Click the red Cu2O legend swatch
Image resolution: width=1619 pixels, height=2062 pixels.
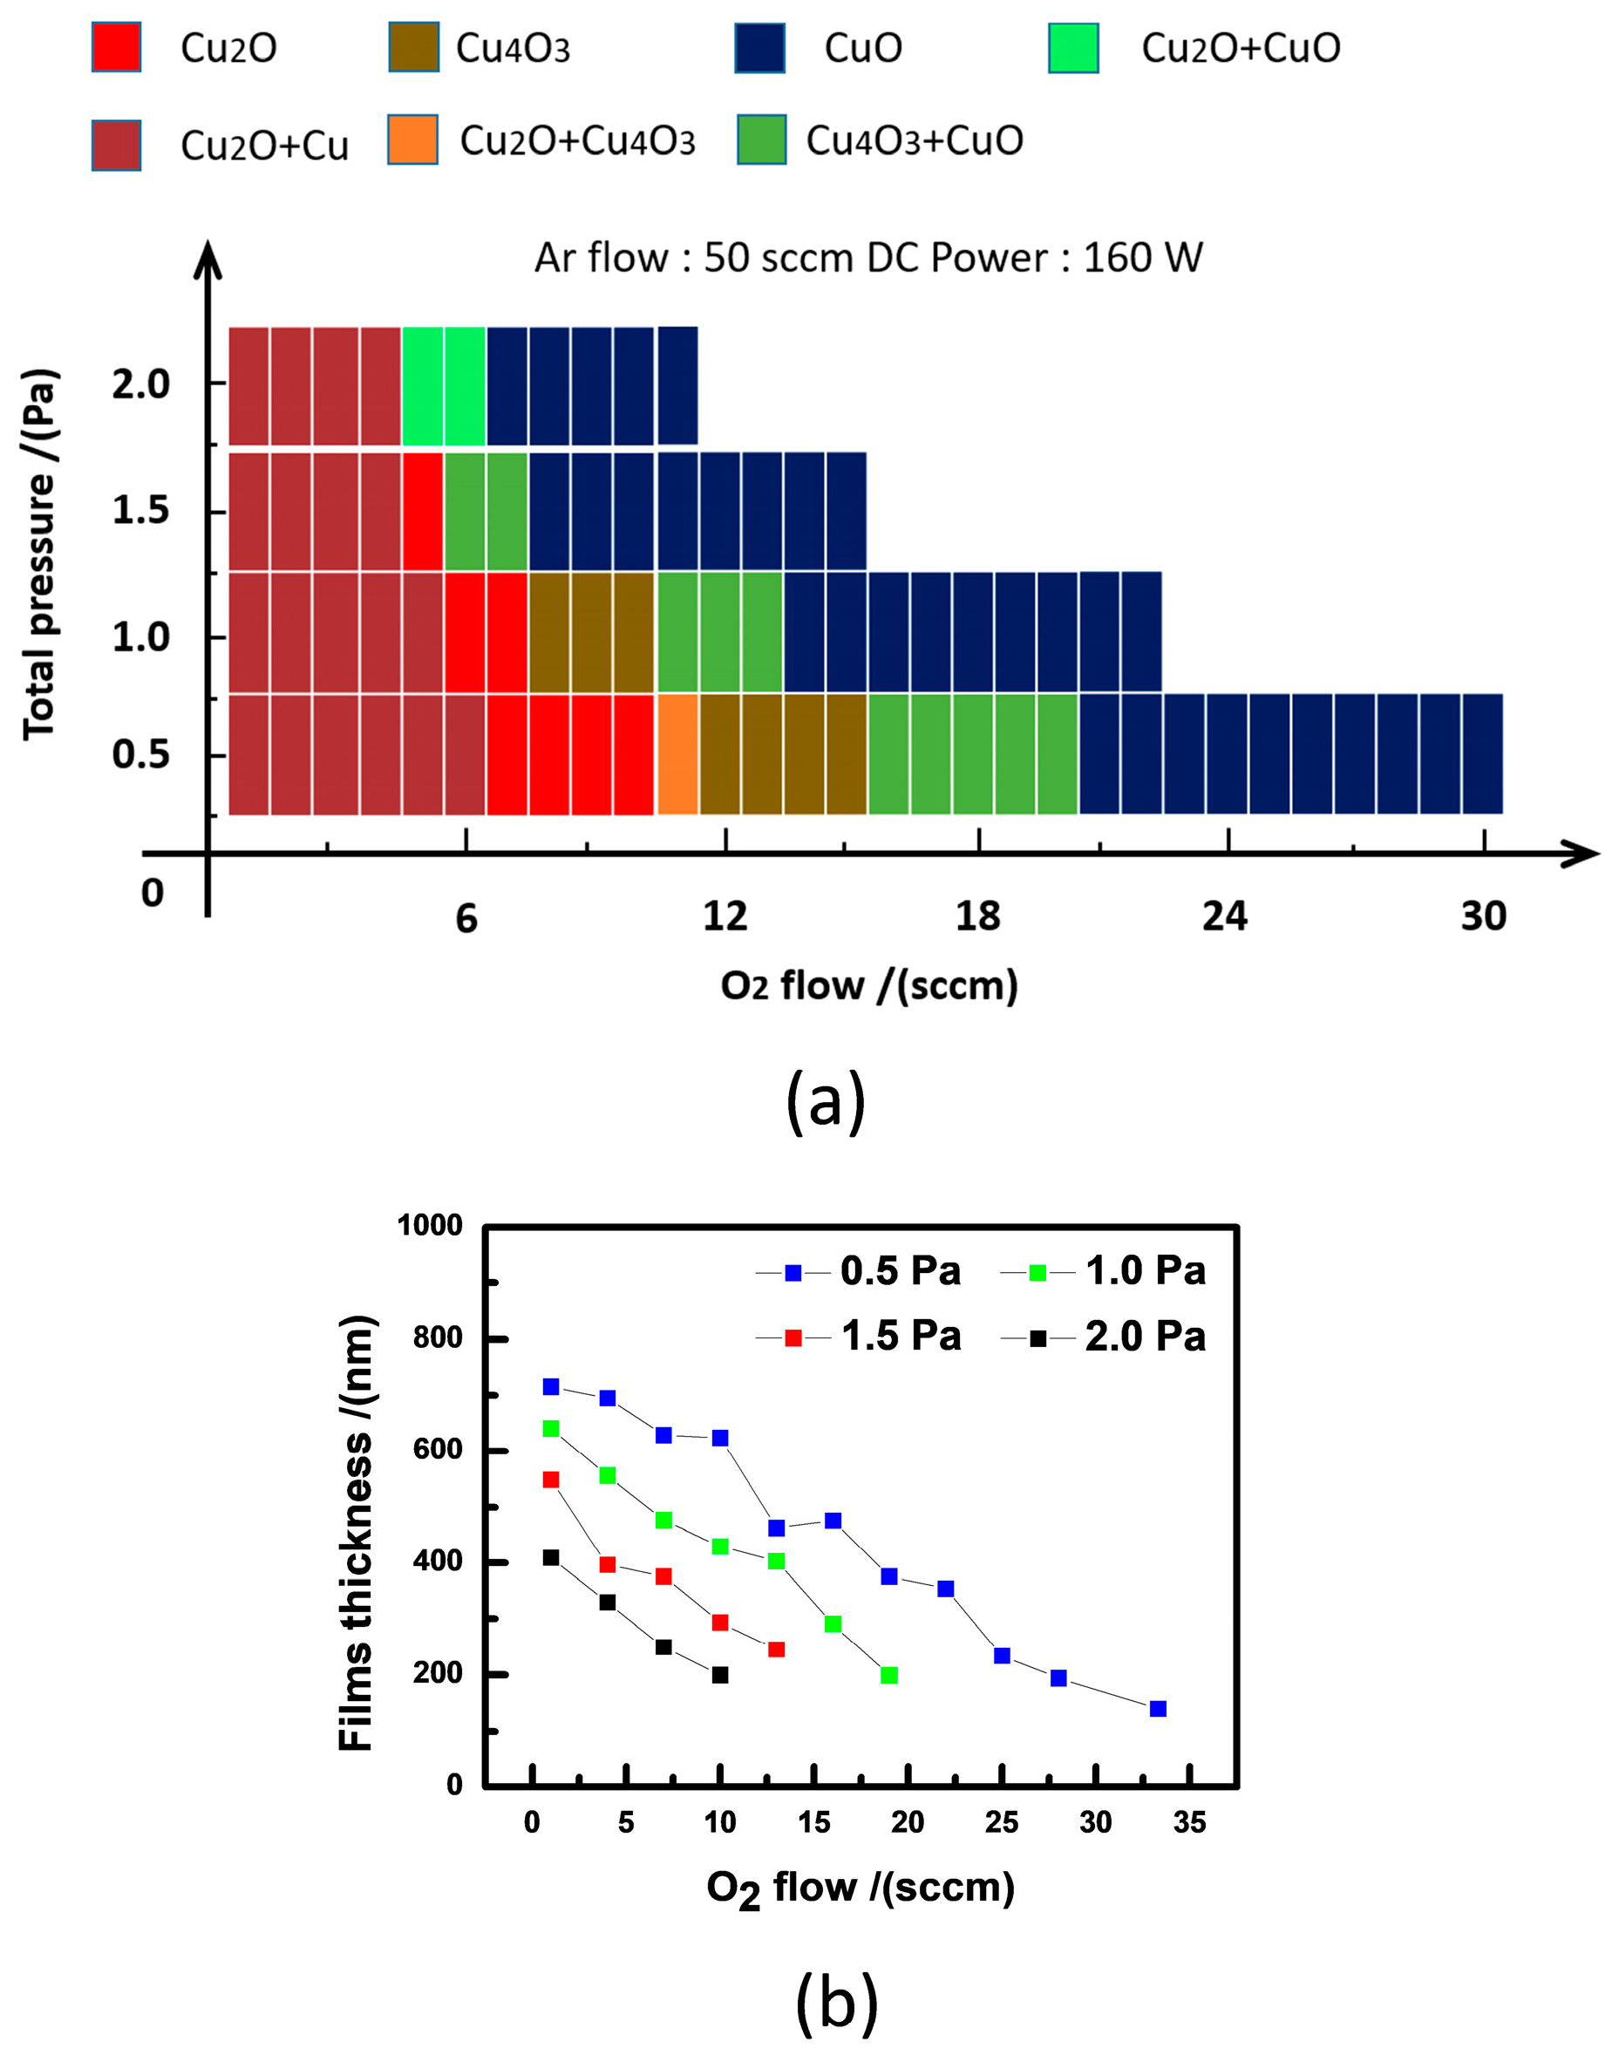coord(116,47)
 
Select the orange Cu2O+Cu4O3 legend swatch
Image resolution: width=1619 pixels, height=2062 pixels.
coord(412,140)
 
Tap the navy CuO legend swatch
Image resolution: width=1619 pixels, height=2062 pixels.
coord(759,47)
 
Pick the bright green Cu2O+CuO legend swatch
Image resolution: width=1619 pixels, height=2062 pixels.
coord(1073,47)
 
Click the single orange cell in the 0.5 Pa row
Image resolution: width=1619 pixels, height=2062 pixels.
coord(677,755)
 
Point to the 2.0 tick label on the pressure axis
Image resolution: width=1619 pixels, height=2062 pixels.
coord(140,384)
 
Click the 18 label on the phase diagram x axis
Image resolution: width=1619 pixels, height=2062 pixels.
coord(977,916)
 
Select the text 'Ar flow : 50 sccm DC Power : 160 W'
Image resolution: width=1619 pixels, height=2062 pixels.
coord(867,258)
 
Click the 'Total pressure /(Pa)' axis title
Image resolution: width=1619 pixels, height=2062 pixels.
coord(40,554)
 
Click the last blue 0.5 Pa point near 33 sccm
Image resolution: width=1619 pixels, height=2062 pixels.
coord(1158,1708)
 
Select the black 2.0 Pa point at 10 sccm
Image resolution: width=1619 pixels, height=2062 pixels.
coord(719,1675)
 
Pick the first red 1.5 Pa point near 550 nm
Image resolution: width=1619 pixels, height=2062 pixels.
coord(551,1479)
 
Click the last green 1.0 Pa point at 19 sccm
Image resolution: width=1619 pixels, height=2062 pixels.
coord(888,1675)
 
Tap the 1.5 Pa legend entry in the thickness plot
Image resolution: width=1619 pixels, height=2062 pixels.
coord(859,1337)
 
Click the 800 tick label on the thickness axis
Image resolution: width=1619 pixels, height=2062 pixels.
coord(437,1337)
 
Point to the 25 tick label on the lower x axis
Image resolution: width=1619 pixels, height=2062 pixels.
coord(1001,1822)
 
